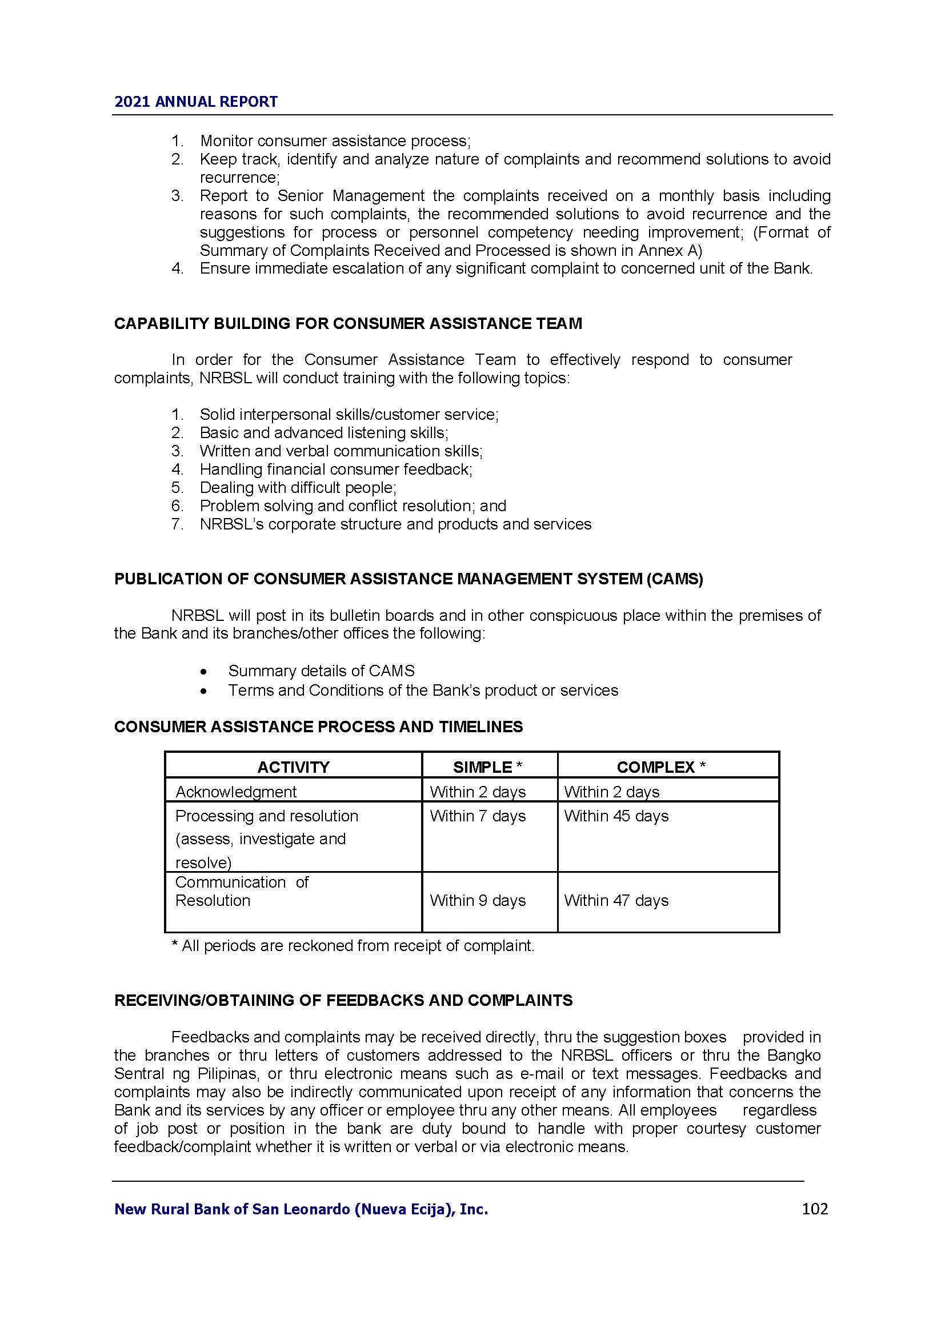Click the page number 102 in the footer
(814, 1209)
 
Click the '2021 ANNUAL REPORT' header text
(196, 102)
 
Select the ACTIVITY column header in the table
(293, 767)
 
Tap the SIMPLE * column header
(487, 767)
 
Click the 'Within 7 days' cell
(478, 816)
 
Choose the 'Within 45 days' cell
(616, 816)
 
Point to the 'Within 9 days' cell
(478, 900)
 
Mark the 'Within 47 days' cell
(616, 900)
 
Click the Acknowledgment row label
(235, 791)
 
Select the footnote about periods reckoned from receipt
(353, 945)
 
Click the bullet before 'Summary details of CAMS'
(203, 672)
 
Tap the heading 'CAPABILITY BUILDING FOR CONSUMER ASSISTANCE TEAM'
(348, 323)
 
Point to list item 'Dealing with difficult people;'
(298, 487)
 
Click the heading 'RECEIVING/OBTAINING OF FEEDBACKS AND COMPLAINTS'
(343, 1000)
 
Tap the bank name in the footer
(301, 1209)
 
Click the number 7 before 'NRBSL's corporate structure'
(177, 524)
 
